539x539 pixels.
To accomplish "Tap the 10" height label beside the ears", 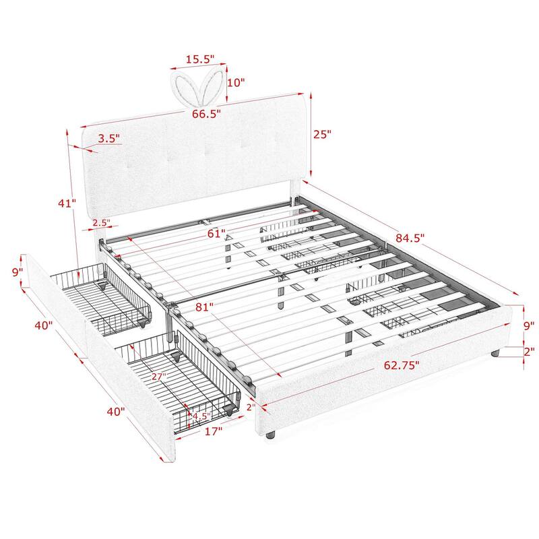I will click(237, 82).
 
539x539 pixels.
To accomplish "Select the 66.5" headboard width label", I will click(206, 114).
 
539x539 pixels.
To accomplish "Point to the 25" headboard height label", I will click(323, 134).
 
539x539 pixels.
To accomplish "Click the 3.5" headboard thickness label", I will click(108, 139).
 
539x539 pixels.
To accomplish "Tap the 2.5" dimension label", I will click(101, 222).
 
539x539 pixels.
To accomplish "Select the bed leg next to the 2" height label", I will click(496, 352).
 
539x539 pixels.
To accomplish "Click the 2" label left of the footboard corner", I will click(251, 407).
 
